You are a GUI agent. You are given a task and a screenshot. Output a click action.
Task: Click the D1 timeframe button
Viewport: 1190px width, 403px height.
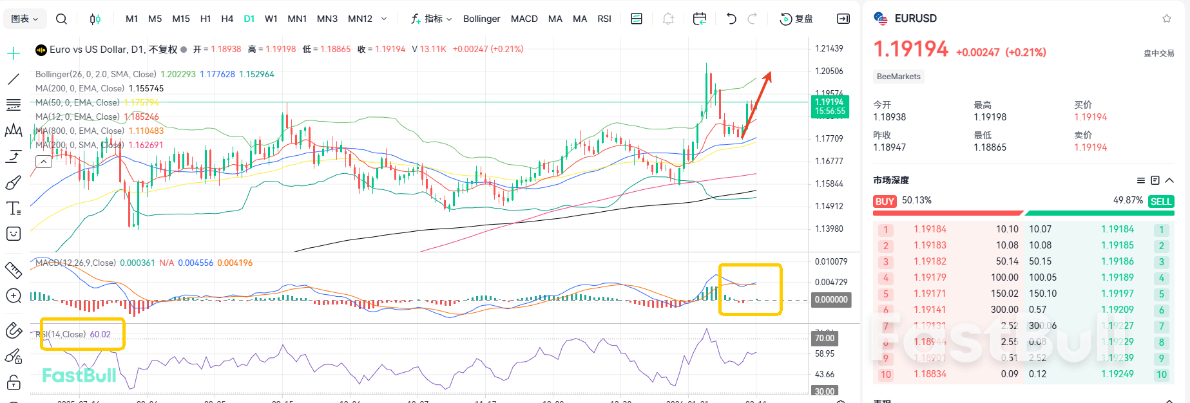click(249, 19)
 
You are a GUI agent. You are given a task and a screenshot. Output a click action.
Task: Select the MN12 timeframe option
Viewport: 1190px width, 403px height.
click(360, 19)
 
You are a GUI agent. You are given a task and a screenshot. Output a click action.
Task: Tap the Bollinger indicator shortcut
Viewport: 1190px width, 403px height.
click(481, 19)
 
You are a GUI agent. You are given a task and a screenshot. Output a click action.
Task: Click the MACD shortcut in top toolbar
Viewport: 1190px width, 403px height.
click(524, 19)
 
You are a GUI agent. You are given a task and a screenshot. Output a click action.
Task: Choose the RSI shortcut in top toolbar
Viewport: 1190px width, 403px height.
click(604, 19)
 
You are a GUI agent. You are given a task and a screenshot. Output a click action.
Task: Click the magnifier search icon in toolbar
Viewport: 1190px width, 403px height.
click(61, 19)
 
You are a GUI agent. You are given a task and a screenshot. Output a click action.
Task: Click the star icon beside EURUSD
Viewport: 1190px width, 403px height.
click(1166, 19)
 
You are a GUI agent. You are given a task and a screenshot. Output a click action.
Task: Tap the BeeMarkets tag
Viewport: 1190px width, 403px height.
click(898, 77)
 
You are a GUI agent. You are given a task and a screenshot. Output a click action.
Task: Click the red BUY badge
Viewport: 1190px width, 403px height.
click(885, 201)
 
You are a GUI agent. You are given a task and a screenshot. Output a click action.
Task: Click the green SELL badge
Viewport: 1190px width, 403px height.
click(1160, 201)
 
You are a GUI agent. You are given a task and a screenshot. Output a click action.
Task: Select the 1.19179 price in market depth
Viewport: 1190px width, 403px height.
click(930, 277)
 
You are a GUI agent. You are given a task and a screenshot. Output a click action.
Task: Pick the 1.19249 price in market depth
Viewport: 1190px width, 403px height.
click(1117, 374)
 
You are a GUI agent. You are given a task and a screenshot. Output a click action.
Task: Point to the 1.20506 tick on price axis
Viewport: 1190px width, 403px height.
click(829, 71)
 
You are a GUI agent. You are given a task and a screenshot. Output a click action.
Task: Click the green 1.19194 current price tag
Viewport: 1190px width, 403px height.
click(829, 106)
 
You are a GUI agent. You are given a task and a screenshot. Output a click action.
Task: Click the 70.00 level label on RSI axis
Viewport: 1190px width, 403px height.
click(824, 338)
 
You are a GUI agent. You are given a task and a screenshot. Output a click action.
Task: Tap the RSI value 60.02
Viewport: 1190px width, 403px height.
click(100, 334)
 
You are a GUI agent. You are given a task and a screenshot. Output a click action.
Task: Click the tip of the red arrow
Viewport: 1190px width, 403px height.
click(769, 73)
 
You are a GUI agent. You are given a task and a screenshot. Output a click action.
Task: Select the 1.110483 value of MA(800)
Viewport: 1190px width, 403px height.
click(146, 131)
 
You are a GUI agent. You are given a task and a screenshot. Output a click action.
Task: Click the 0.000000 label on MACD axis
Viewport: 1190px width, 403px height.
click(830, 299)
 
